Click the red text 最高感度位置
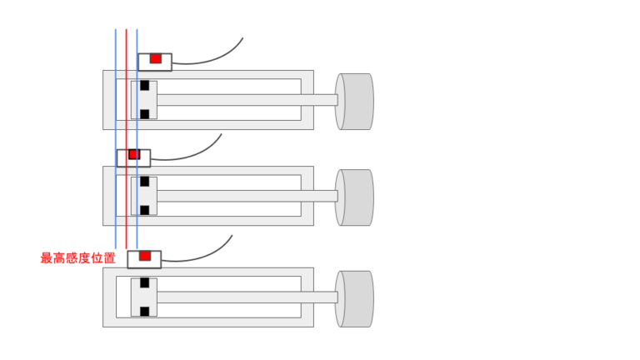click(78, 258)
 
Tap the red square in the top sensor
click(156, 58)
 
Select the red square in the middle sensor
click(134, 154)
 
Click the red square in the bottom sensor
click(145, 256)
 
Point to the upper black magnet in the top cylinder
click(144, 85)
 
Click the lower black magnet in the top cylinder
click(144, 114)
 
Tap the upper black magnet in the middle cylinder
click(144, 181)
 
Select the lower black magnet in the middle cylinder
click(144, 210)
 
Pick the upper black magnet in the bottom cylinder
click(144, 282)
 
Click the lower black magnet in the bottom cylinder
click(144, 312)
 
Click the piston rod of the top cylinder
click(247, 100)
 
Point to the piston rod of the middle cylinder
click(247, 196)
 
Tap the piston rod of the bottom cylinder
click(247, 297)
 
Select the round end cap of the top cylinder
click(354, 102)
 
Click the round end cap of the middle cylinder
click(354, 197)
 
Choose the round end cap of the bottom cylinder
click(354, 299)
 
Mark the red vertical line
click(127, 139)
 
